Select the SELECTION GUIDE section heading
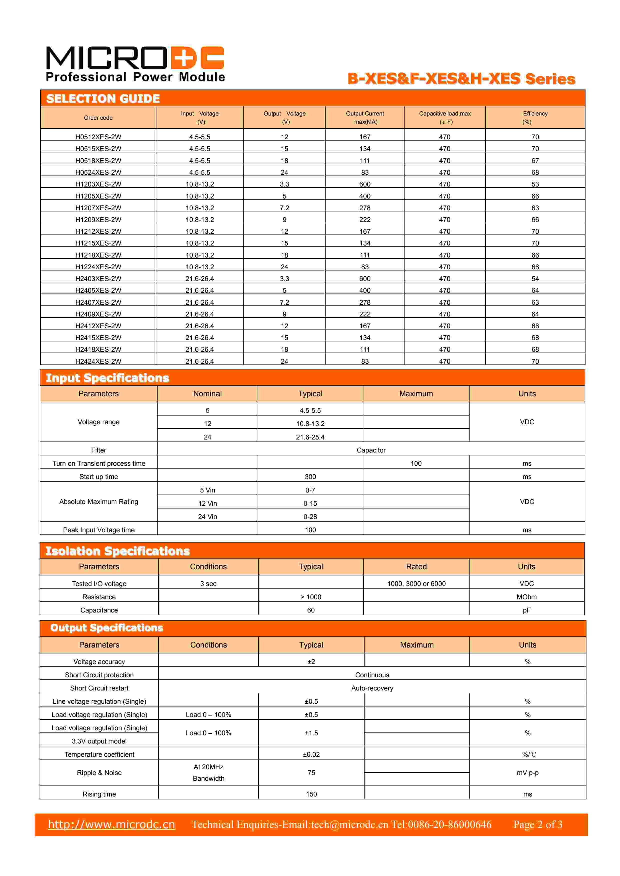click(103, 98)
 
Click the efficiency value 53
click(535, 184)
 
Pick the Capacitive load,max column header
click(445, 117)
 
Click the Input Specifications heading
click(107, 378)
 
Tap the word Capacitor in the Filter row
click(371, 450)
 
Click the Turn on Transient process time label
click(99, 463)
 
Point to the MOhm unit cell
click(526, 597)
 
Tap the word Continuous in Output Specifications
click(372, 675)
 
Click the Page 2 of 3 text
click(537, 824)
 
